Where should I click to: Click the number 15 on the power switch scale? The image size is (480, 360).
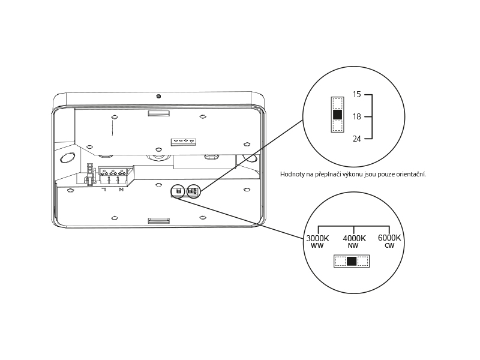(x=356, y=94)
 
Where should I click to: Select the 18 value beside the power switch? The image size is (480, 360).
(x=356, y=116)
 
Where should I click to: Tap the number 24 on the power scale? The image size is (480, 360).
(x=356, y=139)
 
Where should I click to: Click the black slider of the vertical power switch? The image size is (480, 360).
(x=337, y=115)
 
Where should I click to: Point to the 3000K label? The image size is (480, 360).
(x=317, y=238)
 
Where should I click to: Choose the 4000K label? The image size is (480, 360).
(x=354, y=238)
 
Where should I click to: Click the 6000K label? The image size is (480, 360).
(x=389, y=238)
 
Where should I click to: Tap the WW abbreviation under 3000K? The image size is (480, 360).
(x=317, y=245)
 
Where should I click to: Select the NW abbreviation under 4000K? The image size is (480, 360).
(x=353, y=245)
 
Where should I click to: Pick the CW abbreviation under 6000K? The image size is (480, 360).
(x=389, y=245)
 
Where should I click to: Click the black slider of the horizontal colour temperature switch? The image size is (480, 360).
(x=352, y=261)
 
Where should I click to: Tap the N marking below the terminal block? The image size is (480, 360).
(x=121, y=190)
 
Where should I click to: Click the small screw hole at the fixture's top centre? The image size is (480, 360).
(x=158, y=97)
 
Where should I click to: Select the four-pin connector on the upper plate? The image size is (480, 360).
(x=183, y=142)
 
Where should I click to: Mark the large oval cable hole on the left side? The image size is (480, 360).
(x=68, y=158)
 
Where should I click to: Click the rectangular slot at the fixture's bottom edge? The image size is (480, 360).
(x=158, y=221)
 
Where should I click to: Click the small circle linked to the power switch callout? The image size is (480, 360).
(x=193, y=191)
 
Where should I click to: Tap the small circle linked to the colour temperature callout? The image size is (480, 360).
(x=178, y=191)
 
